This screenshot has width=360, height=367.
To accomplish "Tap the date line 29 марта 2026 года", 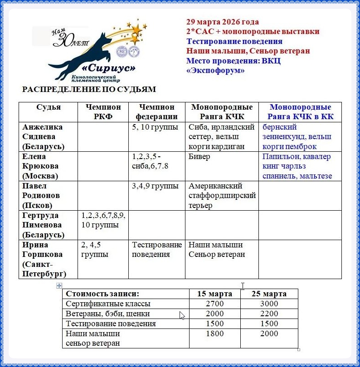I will pyautogui.click(x=222, y=22).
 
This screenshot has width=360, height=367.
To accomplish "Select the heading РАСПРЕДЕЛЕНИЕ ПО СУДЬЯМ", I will pyautogui.click(x=89, y=90).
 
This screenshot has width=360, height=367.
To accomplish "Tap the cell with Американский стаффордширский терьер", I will pyautogui.click(x=222, y=196).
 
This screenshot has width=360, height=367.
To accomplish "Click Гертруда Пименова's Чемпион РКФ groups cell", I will pyautogui.click(x=103, y=220).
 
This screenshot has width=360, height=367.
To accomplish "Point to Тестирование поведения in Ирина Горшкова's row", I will pyautogui.click(x=157, y=250).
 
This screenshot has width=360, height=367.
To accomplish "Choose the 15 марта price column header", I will pyautogui.click(x=214, y=294).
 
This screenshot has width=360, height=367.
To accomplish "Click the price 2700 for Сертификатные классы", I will pyautogui.click(x=214, y=304).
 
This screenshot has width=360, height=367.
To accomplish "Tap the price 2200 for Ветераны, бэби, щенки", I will pyautogui.click(x=268, y=314).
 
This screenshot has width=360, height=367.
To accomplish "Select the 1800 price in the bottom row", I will pyautogui.click(x=214, y=333).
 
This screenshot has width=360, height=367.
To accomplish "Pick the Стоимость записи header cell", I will pyautogui.click(x=102, y=294).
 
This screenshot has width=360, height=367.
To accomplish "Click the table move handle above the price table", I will pyautogui.click(x=58, y=285).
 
